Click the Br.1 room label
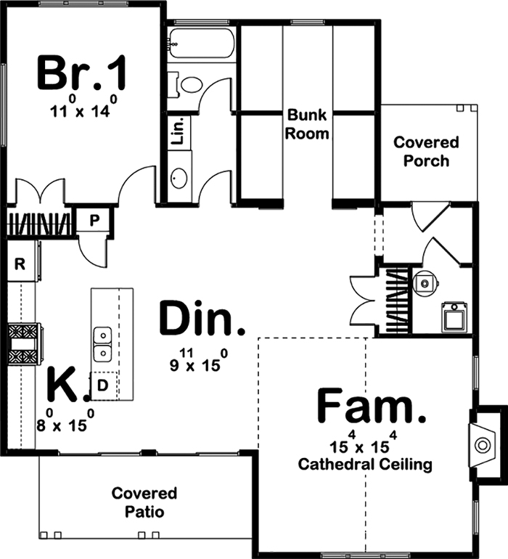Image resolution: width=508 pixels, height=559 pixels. click(x=82, y=73)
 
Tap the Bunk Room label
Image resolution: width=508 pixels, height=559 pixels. click(x=308, y=124)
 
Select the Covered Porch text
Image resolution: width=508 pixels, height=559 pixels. click(x=427, y=151)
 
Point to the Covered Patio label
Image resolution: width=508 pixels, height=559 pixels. click(x=144, y=502)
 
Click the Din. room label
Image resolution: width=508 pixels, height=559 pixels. click(x=202, y=320)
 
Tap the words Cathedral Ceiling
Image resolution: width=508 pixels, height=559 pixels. click(x=365, y=463)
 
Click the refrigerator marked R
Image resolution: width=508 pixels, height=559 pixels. click(x=20, y=264)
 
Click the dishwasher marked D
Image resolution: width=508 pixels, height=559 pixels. click(x=102, y=385)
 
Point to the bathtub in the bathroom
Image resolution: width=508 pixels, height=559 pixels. click(x=200, y=44)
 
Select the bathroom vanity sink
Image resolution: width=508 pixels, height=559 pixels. click(x=179, y=178)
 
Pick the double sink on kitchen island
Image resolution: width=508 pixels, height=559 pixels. click(x=102, y=345)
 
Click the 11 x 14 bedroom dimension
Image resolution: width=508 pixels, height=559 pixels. click(x=82, y=110)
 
